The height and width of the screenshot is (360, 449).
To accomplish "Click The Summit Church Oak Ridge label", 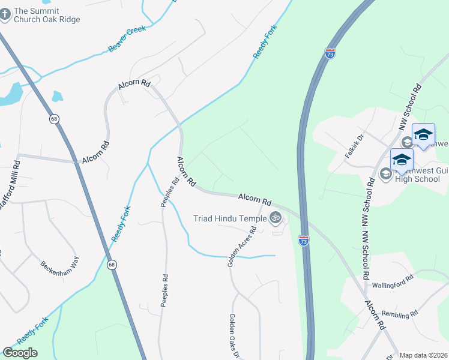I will click(x=46, y=15).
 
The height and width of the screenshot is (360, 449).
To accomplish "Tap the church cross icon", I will click(x=5, y=14).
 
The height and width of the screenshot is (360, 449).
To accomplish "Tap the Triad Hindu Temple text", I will click(x=229, y=218).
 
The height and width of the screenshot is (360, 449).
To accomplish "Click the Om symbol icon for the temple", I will click(x=276, y=218).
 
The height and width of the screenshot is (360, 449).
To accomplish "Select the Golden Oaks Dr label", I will click(x=234, y=336).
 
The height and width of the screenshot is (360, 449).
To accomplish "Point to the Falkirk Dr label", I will click(x=355, y=146).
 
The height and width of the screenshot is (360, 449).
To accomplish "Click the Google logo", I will click(x=20, y=353).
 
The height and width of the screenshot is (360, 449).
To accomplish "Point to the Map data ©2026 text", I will click(x=423, y=355).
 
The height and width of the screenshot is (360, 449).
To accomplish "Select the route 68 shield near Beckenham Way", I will click(x=112, y=264).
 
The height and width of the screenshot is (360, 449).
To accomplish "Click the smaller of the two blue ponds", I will click(x=57, y=96).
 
